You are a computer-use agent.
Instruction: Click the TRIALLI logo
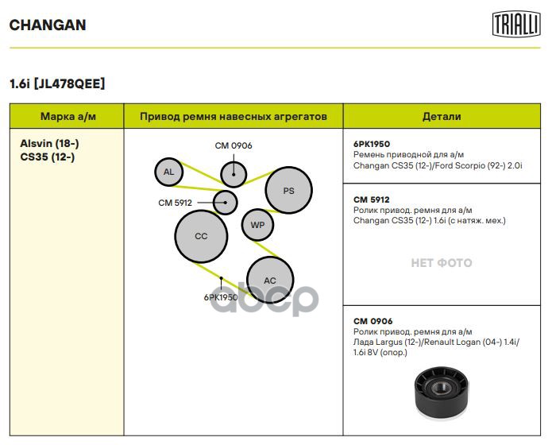[515, 24]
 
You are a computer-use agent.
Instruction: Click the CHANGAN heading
[48, 25]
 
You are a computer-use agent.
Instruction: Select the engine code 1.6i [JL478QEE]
[56, 83]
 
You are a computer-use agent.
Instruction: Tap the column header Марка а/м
[68, 116]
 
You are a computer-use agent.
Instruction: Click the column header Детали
[441, 116]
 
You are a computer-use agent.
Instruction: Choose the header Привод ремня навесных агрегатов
[234, 116]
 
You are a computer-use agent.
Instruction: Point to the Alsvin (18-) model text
[49, 143]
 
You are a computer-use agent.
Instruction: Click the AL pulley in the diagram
[168, 172]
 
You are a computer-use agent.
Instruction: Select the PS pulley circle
[288, 191]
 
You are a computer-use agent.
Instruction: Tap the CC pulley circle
[201, 236]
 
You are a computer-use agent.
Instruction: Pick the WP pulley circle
[257, 225]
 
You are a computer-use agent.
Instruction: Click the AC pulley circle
[270, 281]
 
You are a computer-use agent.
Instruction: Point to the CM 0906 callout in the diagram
[234, 145]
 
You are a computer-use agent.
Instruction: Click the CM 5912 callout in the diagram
[175, 203]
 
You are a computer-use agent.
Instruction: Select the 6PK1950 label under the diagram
[220, 297]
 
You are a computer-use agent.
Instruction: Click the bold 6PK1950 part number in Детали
[372, 144]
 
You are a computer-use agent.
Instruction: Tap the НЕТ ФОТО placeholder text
[441, 262]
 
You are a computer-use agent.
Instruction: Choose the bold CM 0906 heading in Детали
[373, 321]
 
